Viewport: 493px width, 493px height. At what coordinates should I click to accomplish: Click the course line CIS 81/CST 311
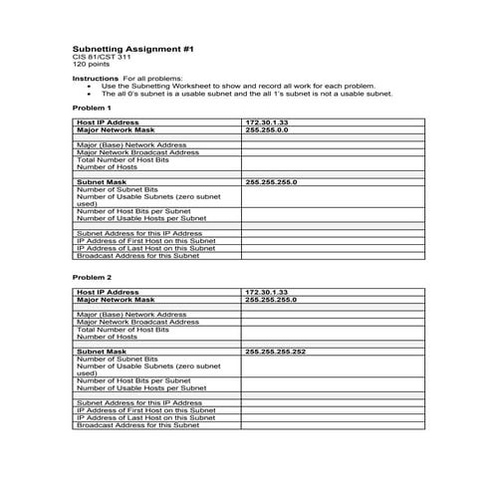[102, 57]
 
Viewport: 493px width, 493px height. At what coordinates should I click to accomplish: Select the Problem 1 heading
[93, 107]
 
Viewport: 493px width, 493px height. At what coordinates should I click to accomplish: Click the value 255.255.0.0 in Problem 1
[266, 129]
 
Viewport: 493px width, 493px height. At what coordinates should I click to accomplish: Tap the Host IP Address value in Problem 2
[266, 291]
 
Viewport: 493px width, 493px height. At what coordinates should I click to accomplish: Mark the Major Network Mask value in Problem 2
[270, 299]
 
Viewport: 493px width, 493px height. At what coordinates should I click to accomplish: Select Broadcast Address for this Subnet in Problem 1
[137, 256]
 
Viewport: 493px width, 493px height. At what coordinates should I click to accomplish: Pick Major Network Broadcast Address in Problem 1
[137, 152]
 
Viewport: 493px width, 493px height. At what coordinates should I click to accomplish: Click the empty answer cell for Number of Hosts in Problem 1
[331, 167]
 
